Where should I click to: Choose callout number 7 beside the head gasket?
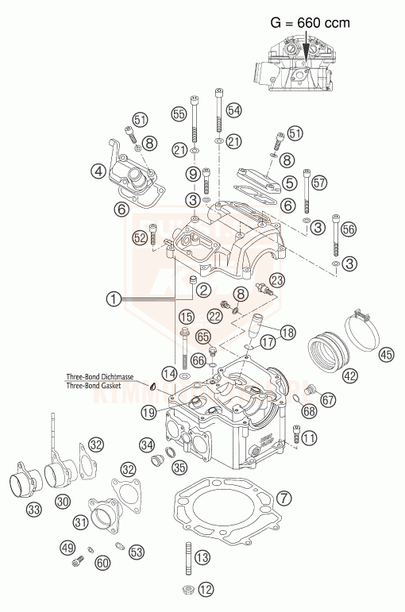[285, 499]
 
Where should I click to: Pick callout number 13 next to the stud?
[202, 558]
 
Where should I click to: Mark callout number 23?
[276, 279]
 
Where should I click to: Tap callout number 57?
[319, 183]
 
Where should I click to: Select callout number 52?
[140, 237]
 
